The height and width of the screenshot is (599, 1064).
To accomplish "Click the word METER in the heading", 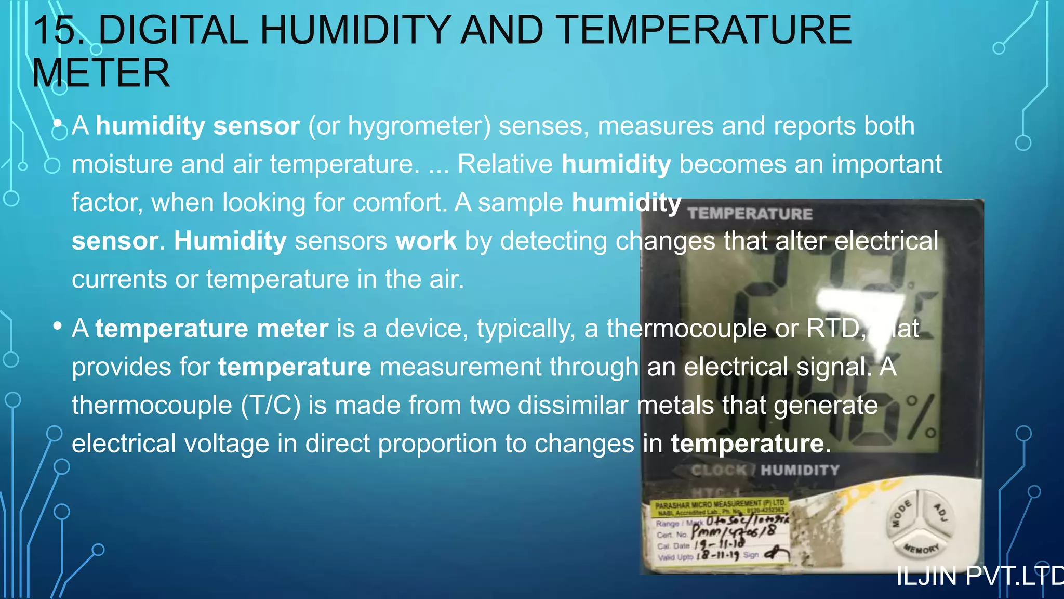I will point(101,73).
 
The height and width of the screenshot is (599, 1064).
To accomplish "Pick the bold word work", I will point(425,241).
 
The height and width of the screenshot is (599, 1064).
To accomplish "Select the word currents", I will point(119,280).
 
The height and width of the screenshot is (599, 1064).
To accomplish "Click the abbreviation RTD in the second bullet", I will point(835,329).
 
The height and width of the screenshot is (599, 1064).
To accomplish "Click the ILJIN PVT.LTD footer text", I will point(980,577).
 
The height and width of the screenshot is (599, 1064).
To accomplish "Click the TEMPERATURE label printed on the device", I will point(750,214).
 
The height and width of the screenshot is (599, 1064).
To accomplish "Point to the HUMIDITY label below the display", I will point(800,471).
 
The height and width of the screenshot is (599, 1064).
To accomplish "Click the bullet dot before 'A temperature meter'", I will point(58,327).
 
